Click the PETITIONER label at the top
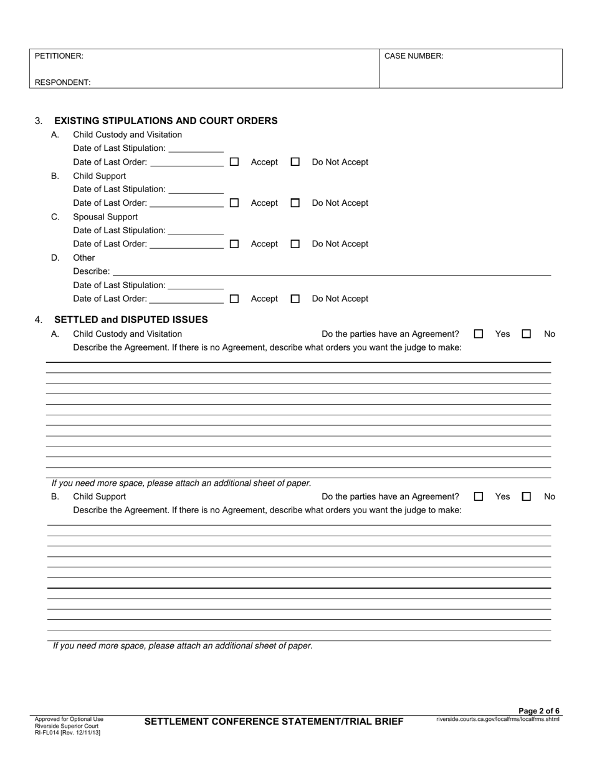(59, 56)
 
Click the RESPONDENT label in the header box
(62, 82)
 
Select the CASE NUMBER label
(414, 56)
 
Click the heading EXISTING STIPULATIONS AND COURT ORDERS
(166, 121)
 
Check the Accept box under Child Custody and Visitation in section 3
(234, 162)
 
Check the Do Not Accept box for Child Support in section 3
(295, 203)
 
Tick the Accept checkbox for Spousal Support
(234, 244)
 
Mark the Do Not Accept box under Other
(295, 299)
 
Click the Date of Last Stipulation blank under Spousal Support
(196, 231)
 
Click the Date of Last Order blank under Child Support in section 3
(187, 203)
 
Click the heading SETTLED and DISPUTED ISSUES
(131, 320)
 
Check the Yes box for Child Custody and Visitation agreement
(479, 334)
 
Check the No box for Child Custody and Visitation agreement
(526, 334)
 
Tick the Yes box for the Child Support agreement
(479, 497)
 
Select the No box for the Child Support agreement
(526, 497)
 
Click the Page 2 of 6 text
(539, 711)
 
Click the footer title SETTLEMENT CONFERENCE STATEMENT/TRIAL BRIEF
(274, 722)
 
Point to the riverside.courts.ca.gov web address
(498, 719)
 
